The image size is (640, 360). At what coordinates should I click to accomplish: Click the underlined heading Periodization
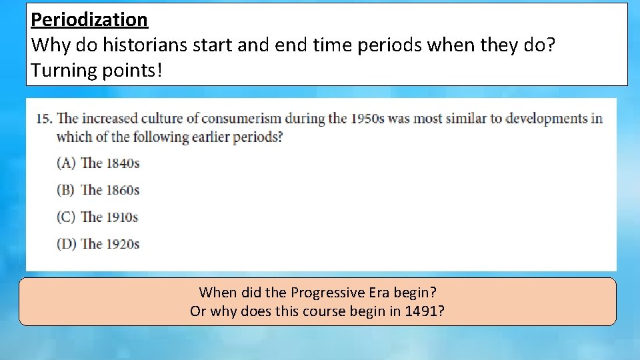coord(89,20)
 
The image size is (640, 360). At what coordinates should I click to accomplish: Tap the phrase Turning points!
coord(96,70)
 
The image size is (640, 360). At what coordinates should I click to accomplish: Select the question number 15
coord(44,119)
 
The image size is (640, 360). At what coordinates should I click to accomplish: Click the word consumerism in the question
coord(242,119)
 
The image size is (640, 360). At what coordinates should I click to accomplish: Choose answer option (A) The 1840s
coord(98,163)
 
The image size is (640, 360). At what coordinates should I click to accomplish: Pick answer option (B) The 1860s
coord(98,190)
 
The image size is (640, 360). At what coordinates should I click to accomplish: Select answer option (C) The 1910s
coord(97,217)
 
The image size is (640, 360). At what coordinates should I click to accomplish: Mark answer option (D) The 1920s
coord(98,244)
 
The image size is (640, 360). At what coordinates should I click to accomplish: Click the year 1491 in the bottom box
coord(421,311)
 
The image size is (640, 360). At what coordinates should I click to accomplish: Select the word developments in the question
coord(547,119)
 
